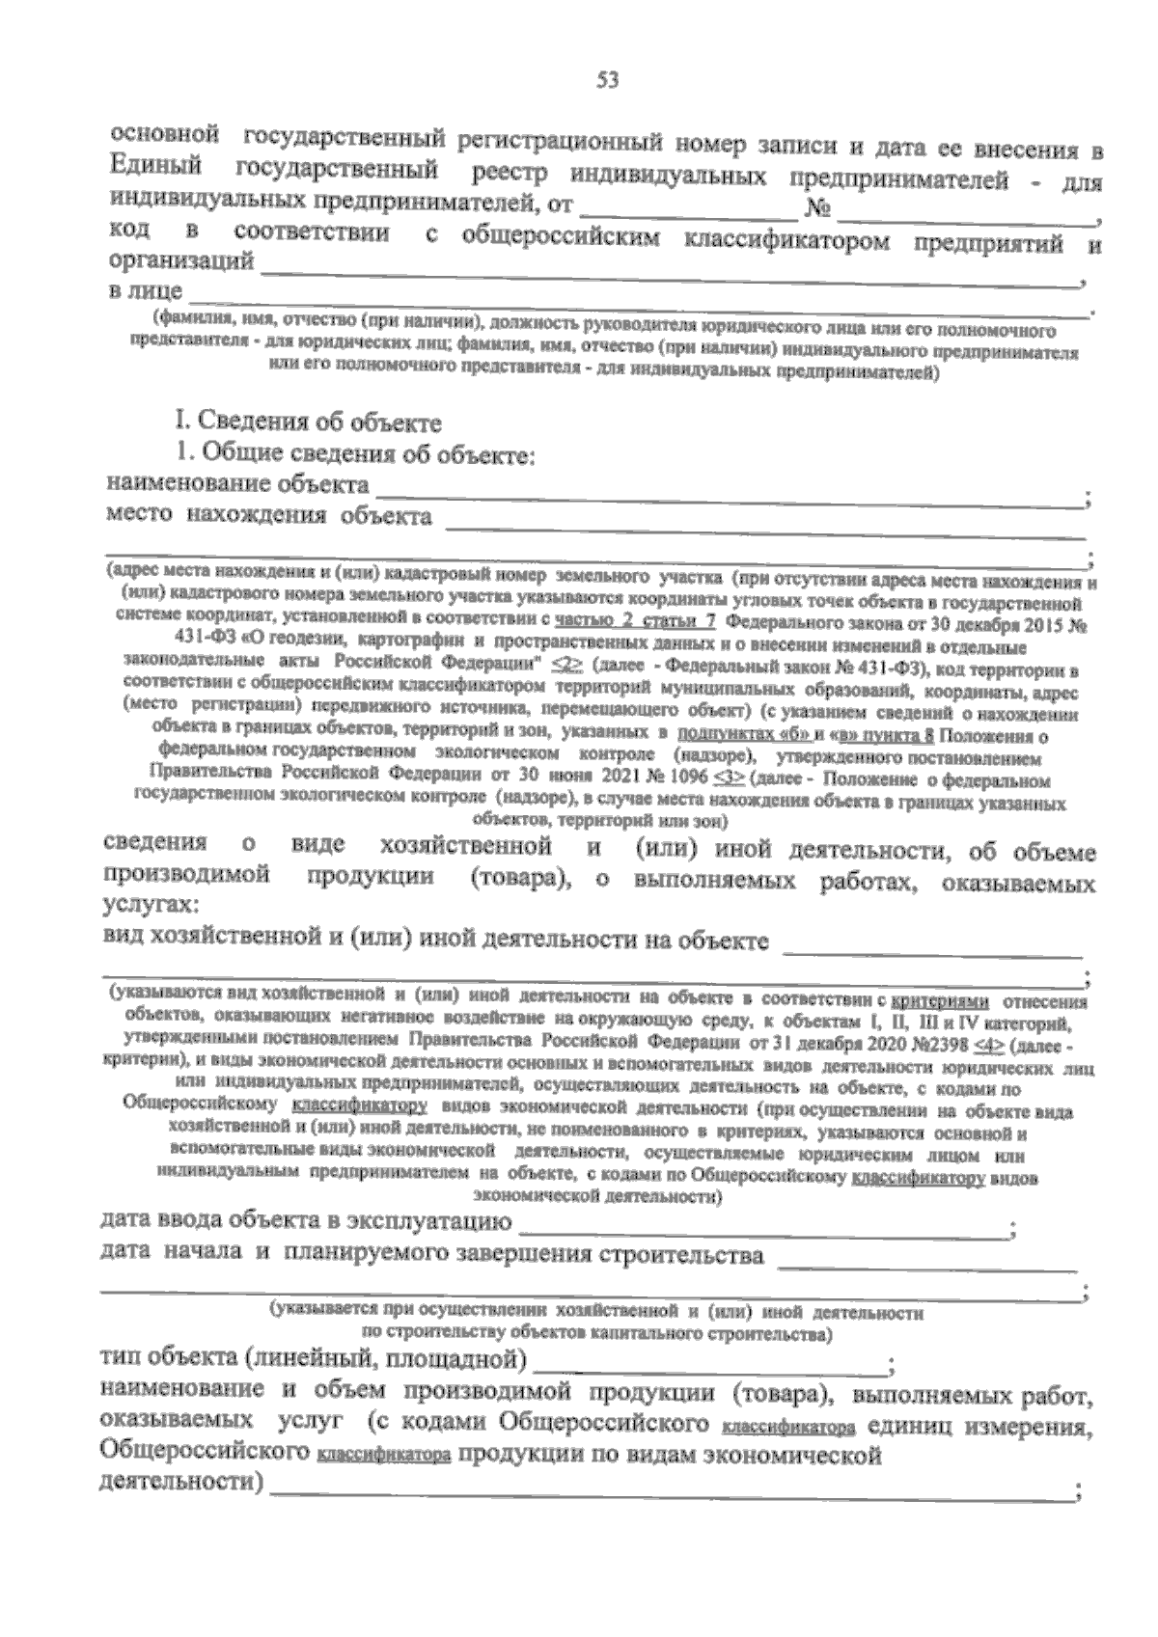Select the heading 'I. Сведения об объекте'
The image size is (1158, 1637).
308,423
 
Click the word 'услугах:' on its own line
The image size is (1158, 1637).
150,907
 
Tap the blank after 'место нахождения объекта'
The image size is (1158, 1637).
762,521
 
